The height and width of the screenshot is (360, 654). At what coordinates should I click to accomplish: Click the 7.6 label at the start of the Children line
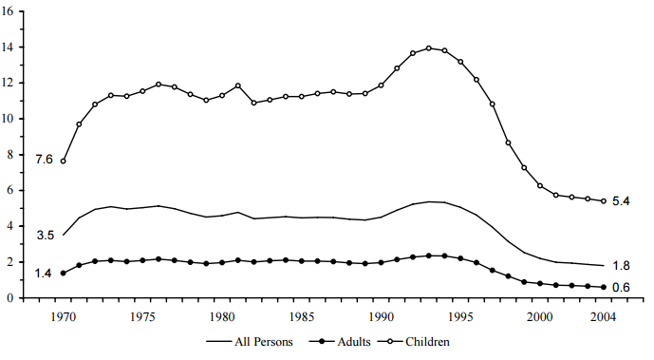coord(44,159)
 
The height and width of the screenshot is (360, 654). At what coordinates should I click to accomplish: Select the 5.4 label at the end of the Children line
coord(623,202)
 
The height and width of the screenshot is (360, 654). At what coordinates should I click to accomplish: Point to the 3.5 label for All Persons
coord(44,234)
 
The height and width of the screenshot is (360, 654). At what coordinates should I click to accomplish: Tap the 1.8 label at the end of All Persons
coord(623,266)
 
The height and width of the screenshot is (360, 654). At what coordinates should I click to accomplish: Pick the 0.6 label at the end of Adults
coord(623,288)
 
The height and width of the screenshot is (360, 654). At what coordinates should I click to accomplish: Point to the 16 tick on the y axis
coord(9,10)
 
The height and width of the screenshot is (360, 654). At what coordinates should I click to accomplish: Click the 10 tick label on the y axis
coord(9,119)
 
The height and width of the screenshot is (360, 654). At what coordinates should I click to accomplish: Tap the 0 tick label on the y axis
coord(11,297)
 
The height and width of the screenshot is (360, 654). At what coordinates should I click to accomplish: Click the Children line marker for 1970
coord(64,161)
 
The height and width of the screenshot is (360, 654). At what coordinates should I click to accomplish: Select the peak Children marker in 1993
coord(429,47)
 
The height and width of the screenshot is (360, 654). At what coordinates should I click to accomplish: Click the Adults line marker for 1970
coord(64,273)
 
